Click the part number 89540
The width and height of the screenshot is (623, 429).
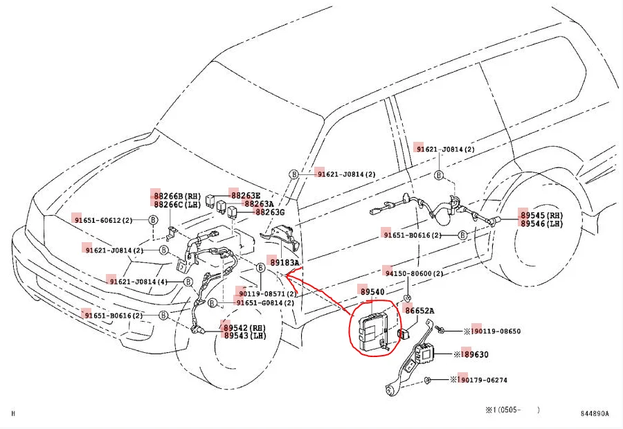(x=372, y=292)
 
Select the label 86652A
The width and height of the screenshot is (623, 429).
(x=419, y=311)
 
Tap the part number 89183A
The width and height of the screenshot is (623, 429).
(x=285, y=263)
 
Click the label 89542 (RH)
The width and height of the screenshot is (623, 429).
(x=244, y=327)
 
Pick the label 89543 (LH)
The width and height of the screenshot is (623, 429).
(x=244, y=336)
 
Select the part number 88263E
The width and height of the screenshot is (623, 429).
(x=245, y=195)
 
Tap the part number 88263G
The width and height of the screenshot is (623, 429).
(x=270, y=212)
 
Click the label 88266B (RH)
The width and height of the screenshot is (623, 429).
(x=177, y=196)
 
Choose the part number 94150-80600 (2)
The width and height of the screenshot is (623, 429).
(x=414, y=273)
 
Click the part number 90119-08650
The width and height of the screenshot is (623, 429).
(x=496, y=331)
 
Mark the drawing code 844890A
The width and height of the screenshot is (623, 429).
(x=594, y=414)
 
